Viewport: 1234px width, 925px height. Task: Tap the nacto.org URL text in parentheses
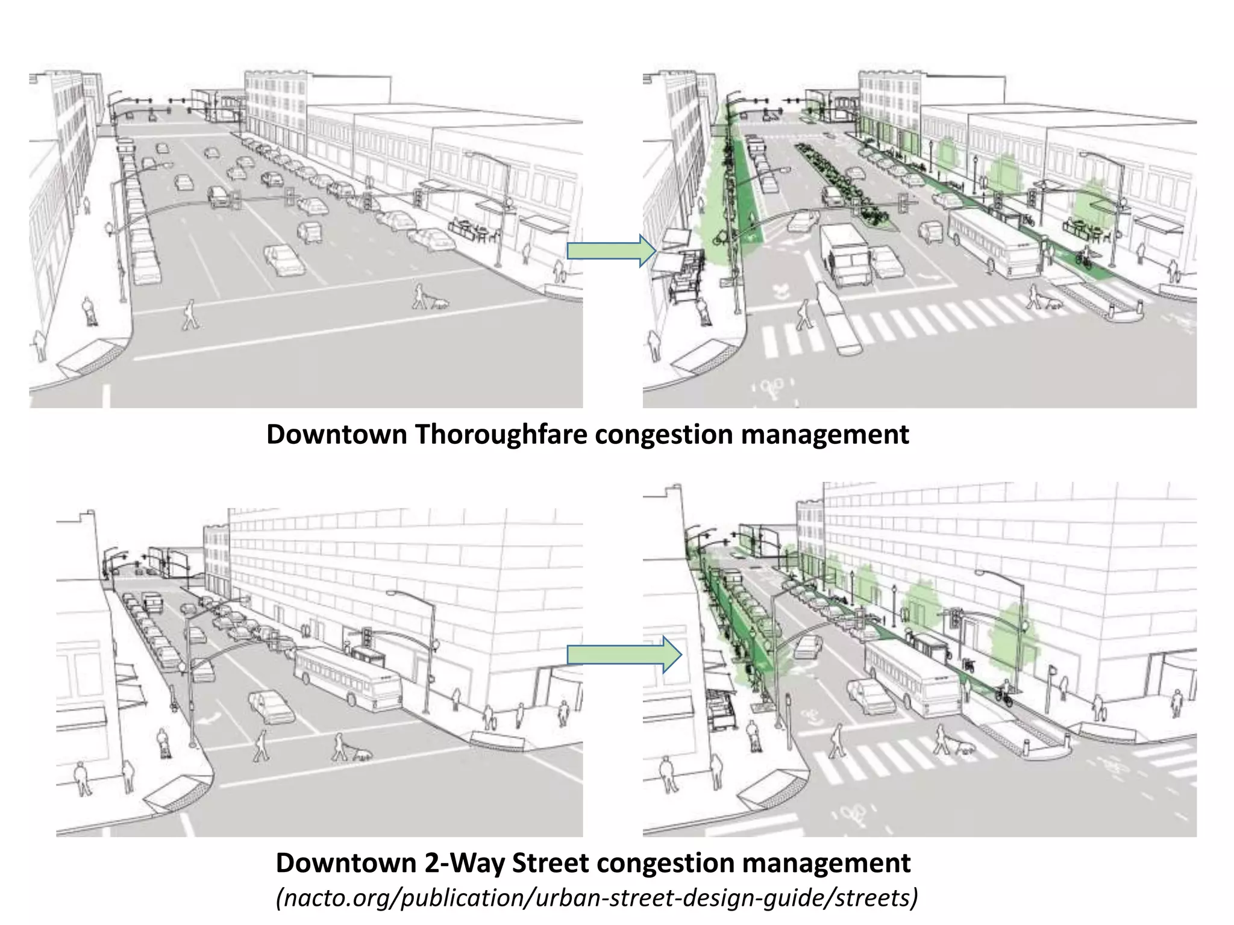tap(597, 897)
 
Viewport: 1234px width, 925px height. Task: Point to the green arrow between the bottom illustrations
tap(624, 654)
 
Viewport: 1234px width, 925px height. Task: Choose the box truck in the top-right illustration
tap(845, 255)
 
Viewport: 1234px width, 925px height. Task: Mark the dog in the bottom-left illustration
tap(362, 754)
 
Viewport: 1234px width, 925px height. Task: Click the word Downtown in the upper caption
tap(337, 434)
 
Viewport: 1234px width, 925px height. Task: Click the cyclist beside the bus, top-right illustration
tap(1084, 257)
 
